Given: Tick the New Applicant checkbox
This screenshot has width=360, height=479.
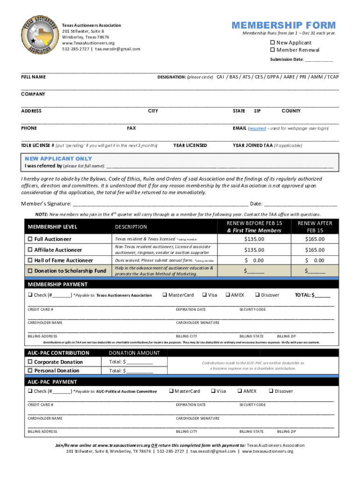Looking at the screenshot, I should pyautogui.click(x=273, y=43).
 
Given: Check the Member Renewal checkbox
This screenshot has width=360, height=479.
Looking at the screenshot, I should pyautogui.click(x=273, y=50).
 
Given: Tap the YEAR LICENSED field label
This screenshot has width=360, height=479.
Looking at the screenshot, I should pyautogui.click(x=190, y=145).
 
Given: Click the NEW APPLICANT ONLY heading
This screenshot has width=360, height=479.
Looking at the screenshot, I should pyautogui.click(x=58, y=159).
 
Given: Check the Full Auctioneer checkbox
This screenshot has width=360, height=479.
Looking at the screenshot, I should pyautogui.click(x=30, y=239).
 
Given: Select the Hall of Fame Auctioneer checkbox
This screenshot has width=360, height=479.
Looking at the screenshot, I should pyautogui.click(x=30, y=260).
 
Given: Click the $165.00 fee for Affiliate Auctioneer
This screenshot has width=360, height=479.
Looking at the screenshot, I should pyautogui.click(x=315, y=250).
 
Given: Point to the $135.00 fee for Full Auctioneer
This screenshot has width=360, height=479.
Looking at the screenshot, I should pyautogui.click(x=254, y=239).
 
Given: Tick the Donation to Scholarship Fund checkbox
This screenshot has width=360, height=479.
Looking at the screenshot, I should pyautogui.click(x=30, y=271).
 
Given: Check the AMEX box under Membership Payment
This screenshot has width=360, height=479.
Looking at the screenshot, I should pyautogui.click(x=228, y=295).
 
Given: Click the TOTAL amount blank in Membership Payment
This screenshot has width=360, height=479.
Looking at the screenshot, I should pyautogui.click(x=323, y=295).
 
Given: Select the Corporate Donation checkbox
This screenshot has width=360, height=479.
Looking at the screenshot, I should pyautogui.click(x=30, y=362).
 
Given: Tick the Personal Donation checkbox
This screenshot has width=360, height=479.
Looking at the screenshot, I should pyautogui.click(x=30, y=370).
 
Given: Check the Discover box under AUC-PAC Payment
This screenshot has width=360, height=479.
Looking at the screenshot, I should pyautogui.click(x=271, y=391).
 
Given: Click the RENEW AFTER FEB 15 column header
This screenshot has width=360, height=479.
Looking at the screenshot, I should pyautogui.click(x=315, y=226).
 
